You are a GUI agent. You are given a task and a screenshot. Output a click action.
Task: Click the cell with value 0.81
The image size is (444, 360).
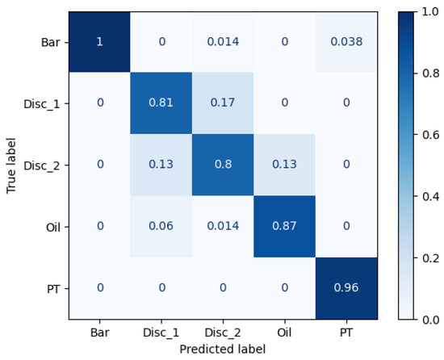point(161,103)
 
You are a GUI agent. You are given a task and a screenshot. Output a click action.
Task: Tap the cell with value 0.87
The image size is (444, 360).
point(283,227)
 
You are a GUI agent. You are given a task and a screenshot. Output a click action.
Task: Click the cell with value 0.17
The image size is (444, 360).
point(222,103)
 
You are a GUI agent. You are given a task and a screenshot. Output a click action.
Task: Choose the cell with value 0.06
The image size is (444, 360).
point(161,227)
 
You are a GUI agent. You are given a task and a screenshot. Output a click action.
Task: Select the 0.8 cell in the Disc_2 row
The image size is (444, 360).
point(222,165)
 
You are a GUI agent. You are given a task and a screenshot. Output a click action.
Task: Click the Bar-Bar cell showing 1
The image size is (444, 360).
point(99,42)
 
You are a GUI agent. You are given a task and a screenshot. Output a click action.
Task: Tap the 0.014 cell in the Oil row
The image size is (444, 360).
point(222,227)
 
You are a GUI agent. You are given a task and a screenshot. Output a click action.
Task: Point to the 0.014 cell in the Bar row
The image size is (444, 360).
point(222,42)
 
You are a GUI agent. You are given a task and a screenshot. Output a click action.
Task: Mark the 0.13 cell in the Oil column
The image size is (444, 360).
point(283,165)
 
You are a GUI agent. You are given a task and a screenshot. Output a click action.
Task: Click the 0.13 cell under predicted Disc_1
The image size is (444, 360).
point(161,165)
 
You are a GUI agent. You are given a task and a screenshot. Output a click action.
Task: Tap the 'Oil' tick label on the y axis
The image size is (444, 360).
point(53,227)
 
